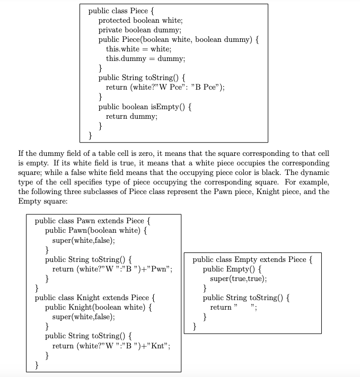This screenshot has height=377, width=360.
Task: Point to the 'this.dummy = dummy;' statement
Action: [145, 58]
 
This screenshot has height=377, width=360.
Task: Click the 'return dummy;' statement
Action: [131, 116]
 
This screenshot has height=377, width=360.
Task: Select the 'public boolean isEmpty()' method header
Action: [145, 107]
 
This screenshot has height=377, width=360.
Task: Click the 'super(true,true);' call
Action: [239, 278]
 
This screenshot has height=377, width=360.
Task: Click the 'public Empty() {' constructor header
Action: [232, 269]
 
